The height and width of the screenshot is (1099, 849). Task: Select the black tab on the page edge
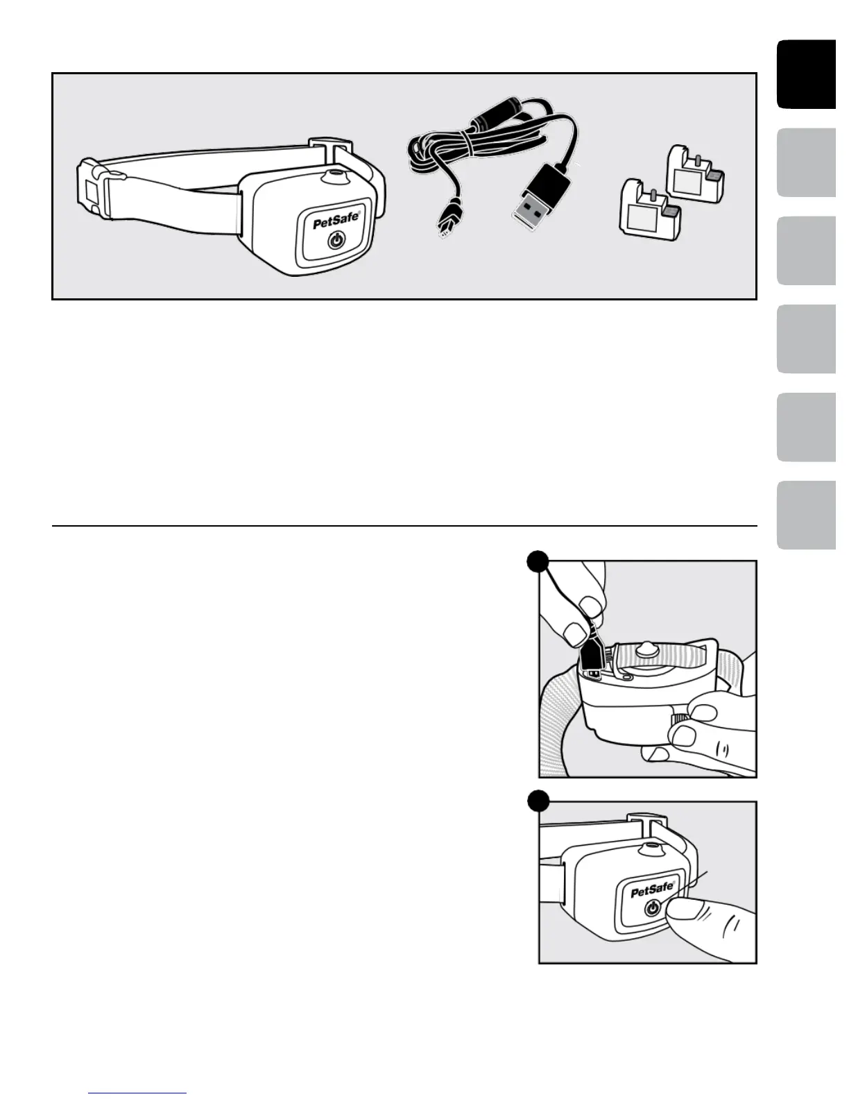[807, 74]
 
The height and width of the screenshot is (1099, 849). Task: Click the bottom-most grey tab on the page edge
[807, 515]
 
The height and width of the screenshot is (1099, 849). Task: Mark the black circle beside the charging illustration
[538, 561]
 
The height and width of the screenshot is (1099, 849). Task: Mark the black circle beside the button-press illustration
[538, 801]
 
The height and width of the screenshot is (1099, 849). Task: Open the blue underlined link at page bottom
[138, 1093]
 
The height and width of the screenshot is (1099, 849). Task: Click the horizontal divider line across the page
[404, 526]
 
